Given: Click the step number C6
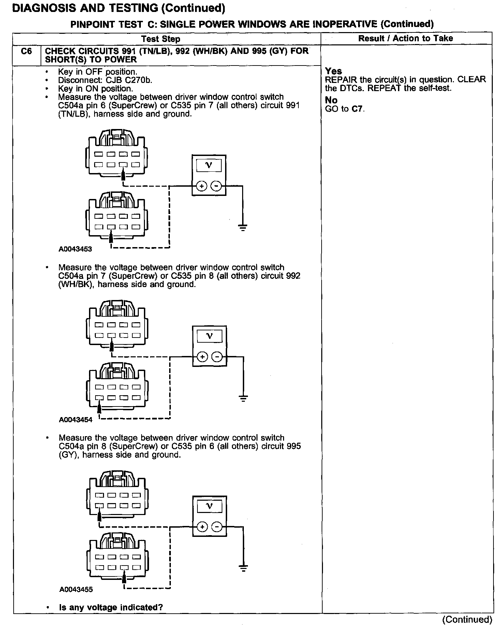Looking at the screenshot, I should tap(26, 52).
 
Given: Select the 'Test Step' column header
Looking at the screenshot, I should tap(161, 39).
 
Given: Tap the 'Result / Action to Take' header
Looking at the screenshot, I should tap(405, 38).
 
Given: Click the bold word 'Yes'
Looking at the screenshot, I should tap(333, 71).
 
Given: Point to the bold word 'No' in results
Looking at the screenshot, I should tap(331, 100).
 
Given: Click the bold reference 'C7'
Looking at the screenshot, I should tap(357, 109).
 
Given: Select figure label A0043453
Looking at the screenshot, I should tap(75, 249).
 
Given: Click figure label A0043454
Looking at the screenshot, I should tap(76, 420).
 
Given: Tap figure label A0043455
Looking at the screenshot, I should tap(76, 589).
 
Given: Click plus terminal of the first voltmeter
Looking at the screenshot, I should tap(202, 186).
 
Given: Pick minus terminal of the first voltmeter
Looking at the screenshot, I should tap(216, 186).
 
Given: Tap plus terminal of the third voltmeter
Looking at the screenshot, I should tap(202, 527).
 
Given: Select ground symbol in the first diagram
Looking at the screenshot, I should tap(242, 227).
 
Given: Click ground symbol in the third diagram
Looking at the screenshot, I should tap(243, 568).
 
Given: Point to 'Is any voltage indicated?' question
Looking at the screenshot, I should tap(111, 607).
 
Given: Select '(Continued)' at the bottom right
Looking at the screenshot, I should tap(467, 619).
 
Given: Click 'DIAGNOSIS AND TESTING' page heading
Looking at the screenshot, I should tap(85, 8).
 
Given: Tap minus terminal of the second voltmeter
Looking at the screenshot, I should tap(217, 357).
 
